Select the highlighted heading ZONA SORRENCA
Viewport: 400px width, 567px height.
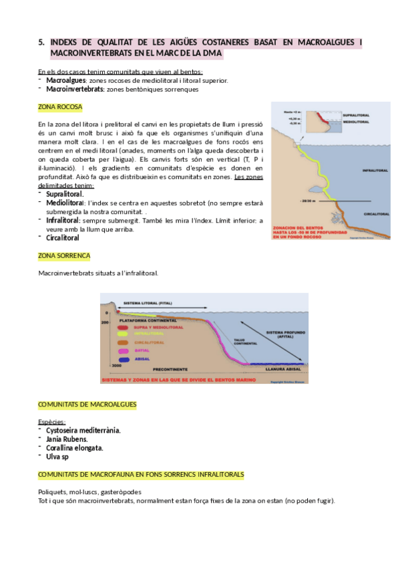(64, 256)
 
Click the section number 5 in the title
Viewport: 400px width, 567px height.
(41, 43)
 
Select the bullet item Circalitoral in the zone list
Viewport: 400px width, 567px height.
(63, 237)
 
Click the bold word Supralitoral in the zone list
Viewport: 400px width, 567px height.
(65, 193)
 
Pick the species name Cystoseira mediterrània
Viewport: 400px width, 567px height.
(83, 431)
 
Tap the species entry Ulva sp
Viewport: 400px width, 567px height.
(57, 457)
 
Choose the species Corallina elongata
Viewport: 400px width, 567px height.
(75, 448)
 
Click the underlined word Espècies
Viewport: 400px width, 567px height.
(52, 422)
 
